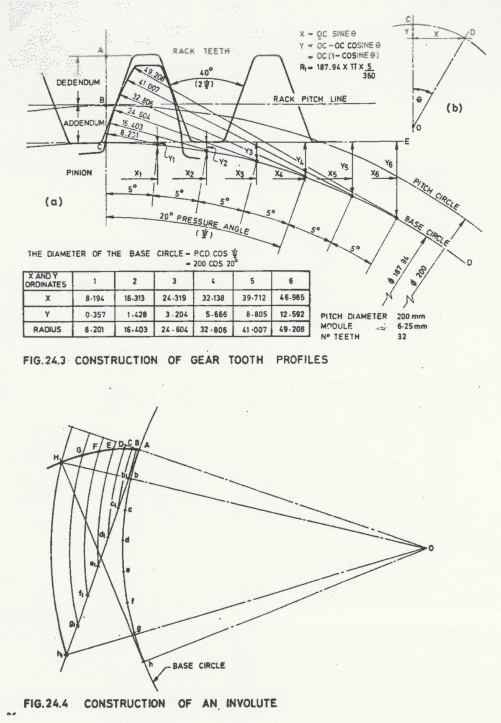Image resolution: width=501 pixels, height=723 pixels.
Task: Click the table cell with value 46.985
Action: pyautogui.click(x=291, y=298)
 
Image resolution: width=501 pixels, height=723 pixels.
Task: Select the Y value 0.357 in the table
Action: pyautogui.click(x=94, y=314)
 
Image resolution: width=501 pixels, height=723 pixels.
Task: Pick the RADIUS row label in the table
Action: pyautogui.click(x=48, y=329)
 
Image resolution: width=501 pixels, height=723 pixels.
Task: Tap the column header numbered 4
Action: pyautogui.click(x=214, y=282)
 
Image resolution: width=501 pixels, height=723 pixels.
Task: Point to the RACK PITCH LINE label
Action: pyautogui.click(x=310, y=99)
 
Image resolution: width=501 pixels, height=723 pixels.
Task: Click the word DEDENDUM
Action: pyautogui.click(x=78, y=83)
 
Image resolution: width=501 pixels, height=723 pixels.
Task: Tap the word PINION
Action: pyautogui.click(x=79, y=172)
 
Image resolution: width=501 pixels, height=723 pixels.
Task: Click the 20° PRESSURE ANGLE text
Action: pyautogui.click(x=204, y=224)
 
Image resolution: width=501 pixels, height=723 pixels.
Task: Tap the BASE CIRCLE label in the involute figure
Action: pyautogui.click(x=199, y=665)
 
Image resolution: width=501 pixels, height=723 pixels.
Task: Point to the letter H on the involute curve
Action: pyautogui.click(x=56, y=457)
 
